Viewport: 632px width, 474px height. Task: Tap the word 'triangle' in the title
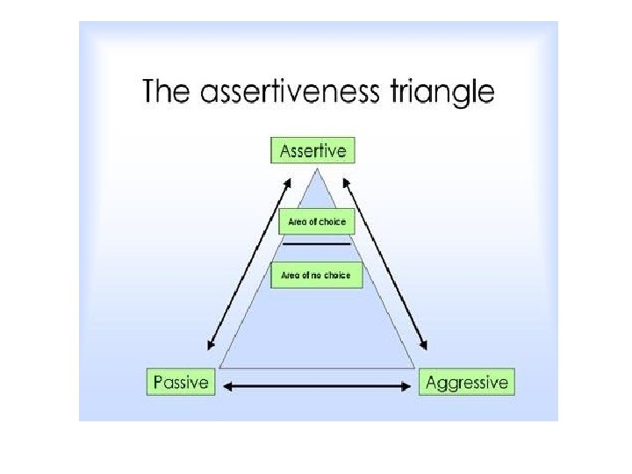coord(443,92)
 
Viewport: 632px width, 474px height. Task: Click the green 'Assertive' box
coord(312,150)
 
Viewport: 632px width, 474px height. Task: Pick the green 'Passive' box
coord(181,383)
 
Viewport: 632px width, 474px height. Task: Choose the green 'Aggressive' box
coord(466,383)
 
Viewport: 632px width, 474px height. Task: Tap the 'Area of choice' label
coord(317,221)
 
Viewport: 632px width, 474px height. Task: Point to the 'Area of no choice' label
coord(316,275)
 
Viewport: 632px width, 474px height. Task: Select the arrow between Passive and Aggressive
coord(317,384)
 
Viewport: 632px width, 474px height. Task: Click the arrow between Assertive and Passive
coord(248,264)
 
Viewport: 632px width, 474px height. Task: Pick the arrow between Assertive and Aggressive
coord(384,264)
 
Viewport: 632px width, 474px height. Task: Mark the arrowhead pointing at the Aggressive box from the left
coord(407,384)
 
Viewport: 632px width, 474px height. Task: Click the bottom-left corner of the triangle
coord(219,367)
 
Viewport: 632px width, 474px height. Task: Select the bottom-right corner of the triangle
coord(414,367)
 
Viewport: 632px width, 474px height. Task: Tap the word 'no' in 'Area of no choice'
coord(313,275)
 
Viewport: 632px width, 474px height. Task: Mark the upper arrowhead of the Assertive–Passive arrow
coord(288,182)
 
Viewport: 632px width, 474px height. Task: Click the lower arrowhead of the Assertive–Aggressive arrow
coord(425,348)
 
